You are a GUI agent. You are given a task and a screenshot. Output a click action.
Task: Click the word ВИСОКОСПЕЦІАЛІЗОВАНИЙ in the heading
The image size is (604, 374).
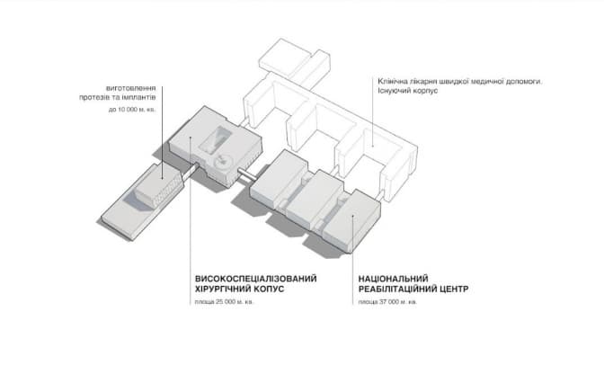tap(256, 279)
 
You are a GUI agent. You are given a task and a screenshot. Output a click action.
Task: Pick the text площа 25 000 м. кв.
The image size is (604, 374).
tap(224, 302)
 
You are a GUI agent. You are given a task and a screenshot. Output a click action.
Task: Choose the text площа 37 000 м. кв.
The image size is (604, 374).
tap(387, 302)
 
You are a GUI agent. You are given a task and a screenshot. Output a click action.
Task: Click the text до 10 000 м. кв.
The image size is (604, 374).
tap(132, 110)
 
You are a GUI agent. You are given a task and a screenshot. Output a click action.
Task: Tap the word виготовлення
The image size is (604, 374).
tap(131, 89)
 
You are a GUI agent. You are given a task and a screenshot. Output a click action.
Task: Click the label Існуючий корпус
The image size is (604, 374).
tap(407, 91)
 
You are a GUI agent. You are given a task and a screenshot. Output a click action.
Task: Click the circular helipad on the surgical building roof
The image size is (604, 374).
tap(222, 162)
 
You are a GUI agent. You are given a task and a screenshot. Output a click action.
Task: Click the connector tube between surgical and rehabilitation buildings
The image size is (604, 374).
tap(247, 174)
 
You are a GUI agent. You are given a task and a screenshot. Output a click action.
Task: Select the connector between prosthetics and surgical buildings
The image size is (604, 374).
tap(191, 170)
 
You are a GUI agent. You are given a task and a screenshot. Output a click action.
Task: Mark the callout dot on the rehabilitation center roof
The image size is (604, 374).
tap(353, 216)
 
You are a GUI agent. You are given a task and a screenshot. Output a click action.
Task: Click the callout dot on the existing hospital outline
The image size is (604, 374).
tap(372, 147)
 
